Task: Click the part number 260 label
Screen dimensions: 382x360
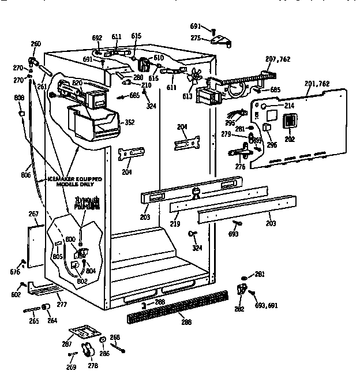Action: coord(36,44)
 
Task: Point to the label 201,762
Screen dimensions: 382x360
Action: coord(317,84)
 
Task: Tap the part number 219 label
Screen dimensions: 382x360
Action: coord(174,223)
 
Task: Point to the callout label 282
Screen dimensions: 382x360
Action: coord(239,309)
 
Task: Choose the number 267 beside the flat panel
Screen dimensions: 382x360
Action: coord(33,214)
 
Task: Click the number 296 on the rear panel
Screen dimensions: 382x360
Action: coord(271,144)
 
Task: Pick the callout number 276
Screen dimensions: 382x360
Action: coord(240,167)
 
